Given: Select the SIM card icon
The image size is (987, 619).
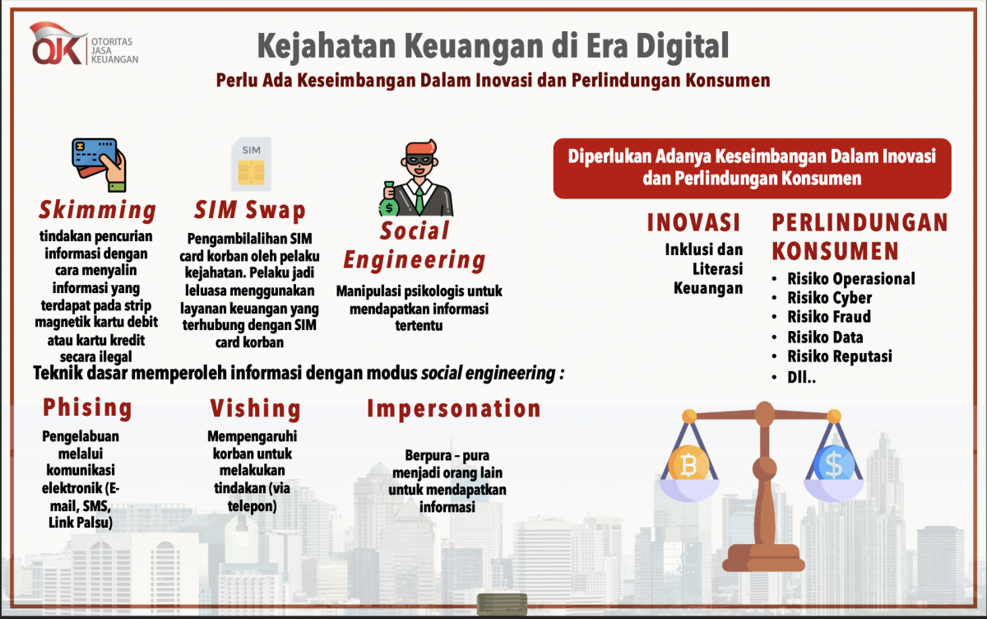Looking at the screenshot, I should click(x=251, y=163).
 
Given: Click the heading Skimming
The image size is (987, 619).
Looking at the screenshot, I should click(x=97, y=210).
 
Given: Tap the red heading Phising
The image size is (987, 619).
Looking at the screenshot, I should click(x=87, y=407).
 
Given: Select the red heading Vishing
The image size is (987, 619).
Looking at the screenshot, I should click(x=255, y=407).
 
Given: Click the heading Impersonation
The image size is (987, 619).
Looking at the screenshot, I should click(x=454, y=408).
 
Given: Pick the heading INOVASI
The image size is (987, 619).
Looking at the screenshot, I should click(x=693, y=222).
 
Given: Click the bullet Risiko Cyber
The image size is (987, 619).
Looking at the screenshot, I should click(x=829, y=298).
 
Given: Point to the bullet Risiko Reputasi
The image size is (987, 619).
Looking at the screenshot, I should click(x=839, y=356).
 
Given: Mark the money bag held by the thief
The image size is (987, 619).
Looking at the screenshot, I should click(x=388, y=200).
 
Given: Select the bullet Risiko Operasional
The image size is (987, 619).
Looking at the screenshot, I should click(x=850, y=278).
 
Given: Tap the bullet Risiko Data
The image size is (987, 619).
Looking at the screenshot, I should click(x=825, y=337).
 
